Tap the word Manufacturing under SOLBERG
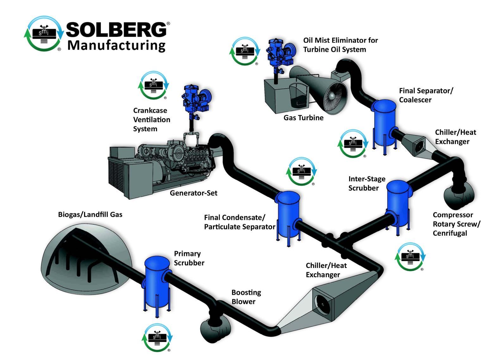point(116,45)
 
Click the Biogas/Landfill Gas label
point(90,214)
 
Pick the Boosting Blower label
point(246,297)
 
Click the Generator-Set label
point(193,193)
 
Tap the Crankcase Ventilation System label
point(152,120)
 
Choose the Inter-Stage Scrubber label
point(366,183)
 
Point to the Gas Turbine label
point(303,118)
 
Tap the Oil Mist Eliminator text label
point(340,45)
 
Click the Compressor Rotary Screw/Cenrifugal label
point(456,224)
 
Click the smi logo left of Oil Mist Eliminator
point(244,51)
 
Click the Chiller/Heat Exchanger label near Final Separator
point(455,137)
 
